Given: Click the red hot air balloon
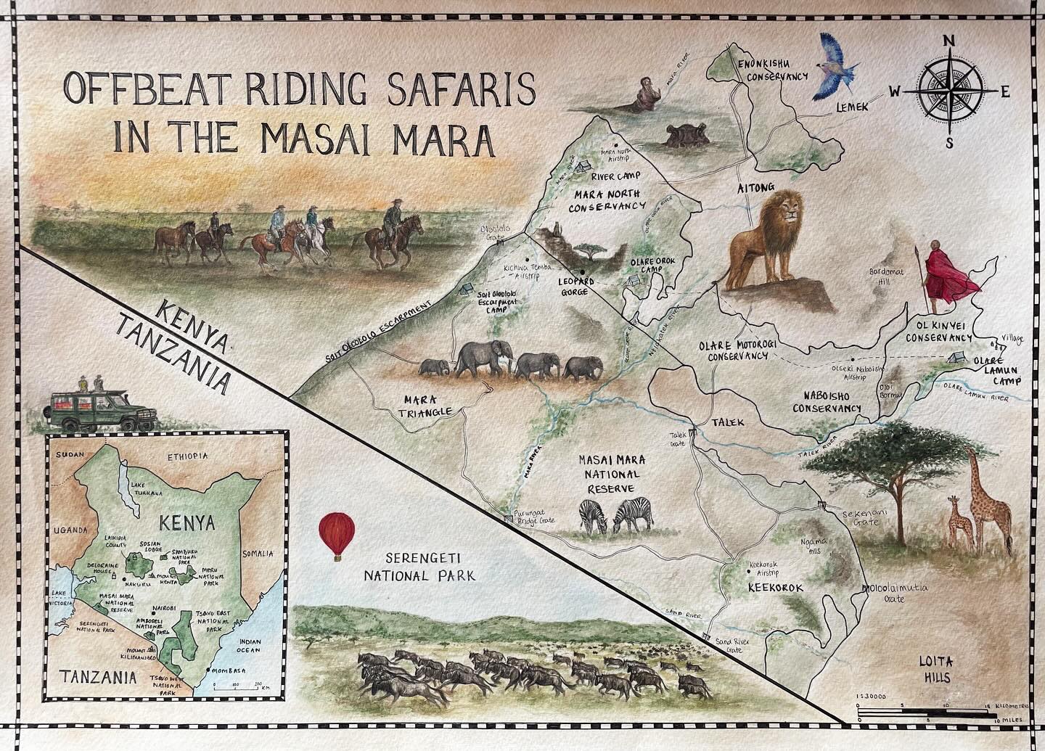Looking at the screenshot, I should (x=335, y=533).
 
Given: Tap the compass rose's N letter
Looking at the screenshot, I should (x=948, y=41).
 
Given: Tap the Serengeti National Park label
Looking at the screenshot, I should (x=420, y=568).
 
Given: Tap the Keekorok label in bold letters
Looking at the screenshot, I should (x=775, y=587).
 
